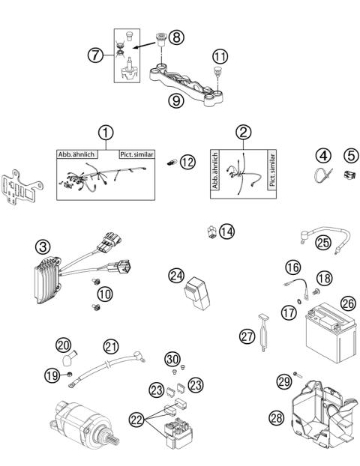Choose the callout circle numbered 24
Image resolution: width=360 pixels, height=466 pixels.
click(x=175, y=276)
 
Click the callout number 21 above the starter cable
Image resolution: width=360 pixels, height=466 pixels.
click(x=111, y=346)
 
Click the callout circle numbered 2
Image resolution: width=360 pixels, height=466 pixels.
click(x=243, y=132)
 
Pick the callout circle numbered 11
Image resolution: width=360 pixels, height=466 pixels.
click(x=219, y=55)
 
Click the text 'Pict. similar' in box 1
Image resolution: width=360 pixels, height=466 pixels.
click(x=136, y=154)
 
